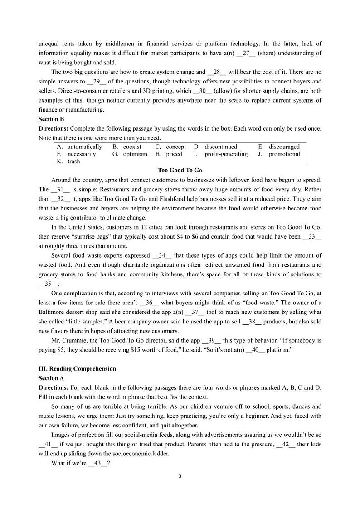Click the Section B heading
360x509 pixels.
point(49,119)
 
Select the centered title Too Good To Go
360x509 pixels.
point(180,171)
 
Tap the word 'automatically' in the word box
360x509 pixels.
point(85,147)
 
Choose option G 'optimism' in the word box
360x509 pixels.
point(135,154)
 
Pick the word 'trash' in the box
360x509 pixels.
point(73,161)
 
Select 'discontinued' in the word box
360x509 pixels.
point(220,147)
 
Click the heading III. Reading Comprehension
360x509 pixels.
point(77,369)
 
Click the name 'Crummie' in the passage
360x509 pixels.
point(77,340)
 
